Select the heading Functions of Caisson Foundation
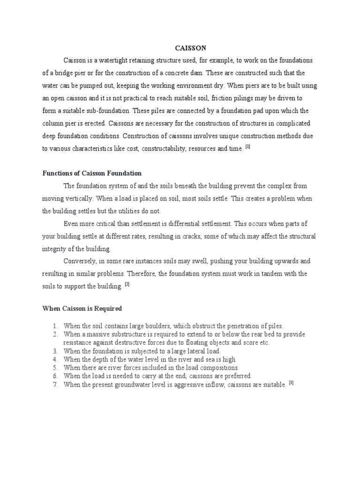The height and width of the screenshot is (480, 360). (92, 173)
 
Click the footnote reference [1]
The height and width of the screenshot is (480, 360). (248, 147)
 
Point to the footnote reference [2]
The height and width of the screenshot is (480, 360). (127, 285)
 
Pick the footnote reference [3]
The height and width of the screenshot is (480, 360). (291, 382)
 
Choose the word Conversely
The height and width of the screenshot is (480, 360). (81, 261)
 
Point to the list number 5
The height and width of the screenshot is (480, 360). (54, 368)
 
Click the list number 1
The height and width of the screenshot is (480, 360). (54, 326)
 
